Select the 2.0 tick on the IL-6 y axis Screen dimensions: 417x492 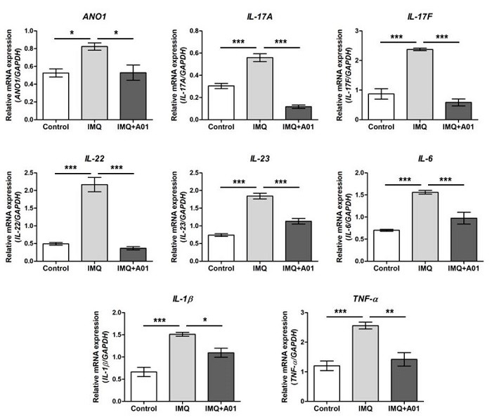tap(358, 172)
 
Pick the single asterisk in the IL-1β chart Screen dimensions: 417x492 tap(204, 319)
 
